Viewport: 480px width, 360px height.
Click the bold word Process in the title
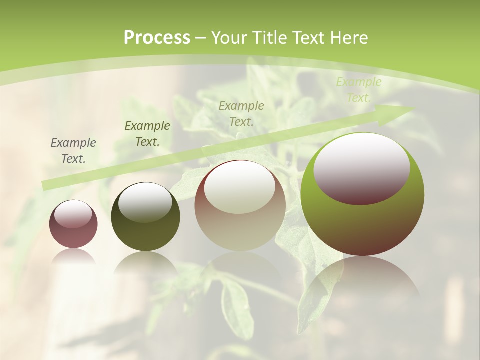(157, 38)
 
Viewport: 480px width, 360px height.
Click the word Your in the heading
(230, 38)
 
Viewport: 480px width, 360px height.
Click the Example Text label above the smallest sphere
(73, 151)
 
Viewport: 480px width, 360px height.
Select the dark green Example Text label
(147, 134)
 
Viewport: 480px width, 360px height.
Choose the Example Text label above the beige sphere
(241, 113)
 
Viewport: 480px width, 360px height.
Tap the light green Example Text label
(359, 90)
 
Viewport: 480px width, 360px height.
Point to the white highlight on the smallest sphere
(73, 214)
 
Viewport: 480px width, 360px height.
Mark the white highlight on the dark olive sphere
(145, 201)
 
